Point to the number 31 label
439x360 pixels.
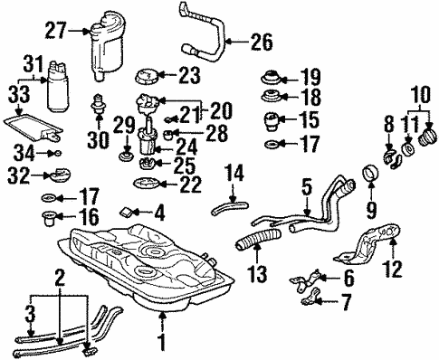point(33,63)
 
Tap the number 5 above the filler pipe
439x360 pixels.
point(306,189)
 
